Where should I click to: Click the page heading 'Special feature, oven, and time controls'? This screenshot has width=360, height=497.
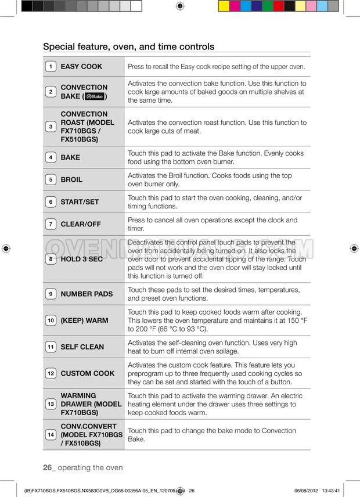[129, 46]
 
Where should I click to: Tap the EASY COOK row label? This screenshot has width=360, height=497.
[81, 67]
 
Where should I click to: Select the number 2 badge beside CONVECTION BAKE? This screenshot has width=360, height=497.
[51, 92]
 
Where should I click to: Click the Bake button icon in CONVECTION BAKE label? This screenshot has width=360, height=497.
[95, 96]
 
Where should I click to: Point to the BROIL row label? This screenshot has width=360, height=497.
[71, 179]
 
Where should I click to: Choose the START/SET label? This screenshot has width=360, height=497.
[80, 202]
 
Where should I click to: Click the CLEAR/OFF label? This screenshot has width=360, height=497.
[81, 224]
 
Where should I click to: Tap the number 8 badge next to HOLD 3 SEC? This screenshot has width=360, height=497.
[51, 259]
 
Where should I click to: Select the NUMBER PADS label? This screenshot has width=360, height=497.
[87, 294]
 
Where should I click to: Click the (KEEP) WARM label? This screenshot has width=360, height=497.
[84, 320]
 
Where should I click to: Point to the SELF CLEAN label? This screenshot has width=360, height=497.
[82, 347]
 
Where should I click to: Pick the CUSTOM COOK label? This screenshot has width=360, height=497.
[88, 373]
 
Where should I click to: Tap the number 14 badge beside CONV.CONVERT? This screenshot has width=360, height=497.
[51, 435]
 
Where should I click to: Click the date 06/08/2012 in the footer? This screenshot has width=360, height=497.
[309, 491]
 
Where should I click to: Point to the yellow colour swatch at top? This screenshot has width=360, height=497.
[224, 6]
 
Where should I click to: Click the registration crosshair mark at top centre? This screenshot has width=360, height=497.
[179, 6]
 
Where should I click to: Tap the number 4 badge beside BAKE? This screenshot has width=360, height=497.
[51, 157]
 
